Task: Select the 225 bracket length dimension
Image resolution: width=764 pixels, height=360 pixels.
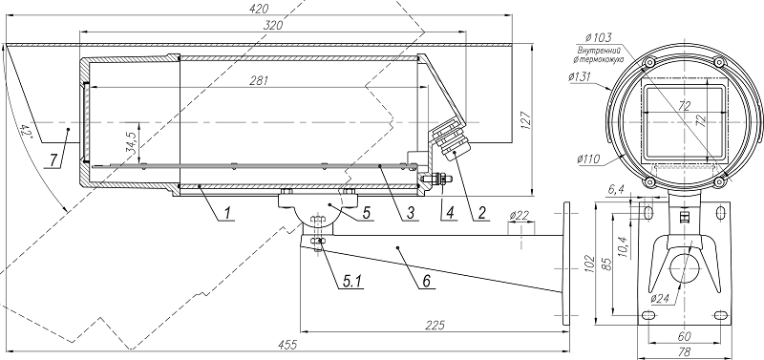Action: (435, 327)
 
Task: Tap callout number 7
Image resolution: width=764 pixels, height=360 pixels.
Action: (54, 156)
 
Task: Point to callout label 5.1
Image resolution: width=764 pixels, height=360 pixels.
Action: (329, 280)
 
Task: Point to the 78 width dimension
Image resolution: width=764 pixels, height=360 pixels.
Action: (684, 352)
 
